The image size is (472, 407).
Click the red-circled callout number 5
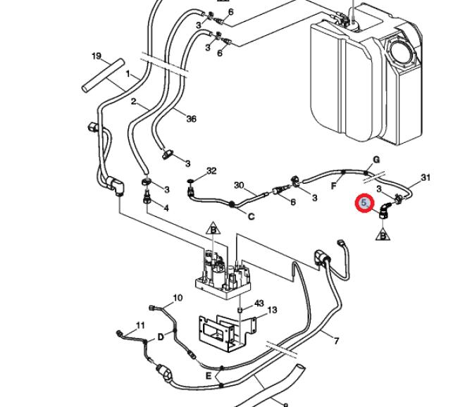click(x=364, y=203)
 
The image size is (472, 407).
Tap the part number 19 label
click(x=97, y=56)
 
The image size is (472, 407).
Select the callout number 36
click(x=191, y=119)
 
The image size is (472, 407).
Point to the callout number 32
click(x=211, y=171)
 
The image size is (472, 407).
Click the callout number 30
click(x=239, y=186)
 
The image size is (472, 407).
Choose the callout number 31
click(x=425, y=177)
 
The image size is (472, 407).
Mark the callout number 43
click(x=259, y=303)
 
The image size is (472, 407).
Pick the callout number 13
click(x=272, y=310)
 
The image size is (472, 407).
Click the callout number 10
click(x=178, y=298)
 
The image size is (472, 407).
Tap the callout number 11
click(x=140, y=325)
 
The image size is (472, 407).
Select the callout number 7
click(x=336, y=342)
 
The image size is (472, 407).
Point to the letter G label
click(x=376, y=160)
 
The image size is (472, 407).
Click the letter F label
click(x=333, y=186)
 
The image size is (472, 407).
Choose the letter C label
click(x=251, y=216)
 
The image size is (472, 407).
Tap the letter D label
click(x=160, y=337)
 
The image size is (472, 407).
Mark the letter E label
click(x=209, y=376)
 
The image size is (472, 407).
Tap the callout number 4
click(x=166, y=208)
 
